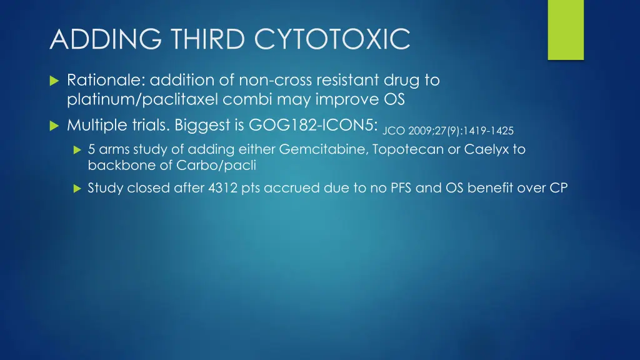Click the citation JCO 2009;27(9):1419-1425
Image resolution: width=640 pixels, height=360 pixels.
pyautogui.click(x=447, y=131)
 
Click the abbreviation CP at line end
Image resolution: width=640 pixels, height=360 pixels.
pyautogui.click(x=558, y=187)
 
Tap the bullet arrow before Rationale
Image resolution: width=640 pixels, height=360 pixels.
pyautogui.click(x=53, y=81)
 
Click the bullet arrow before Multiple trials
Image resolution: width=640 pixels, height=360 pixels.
pyautogui.click(x=53, y=126)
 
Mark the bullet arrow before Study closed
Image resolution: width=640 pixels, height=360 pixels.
pyautogui.click(x=77, y=188)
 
